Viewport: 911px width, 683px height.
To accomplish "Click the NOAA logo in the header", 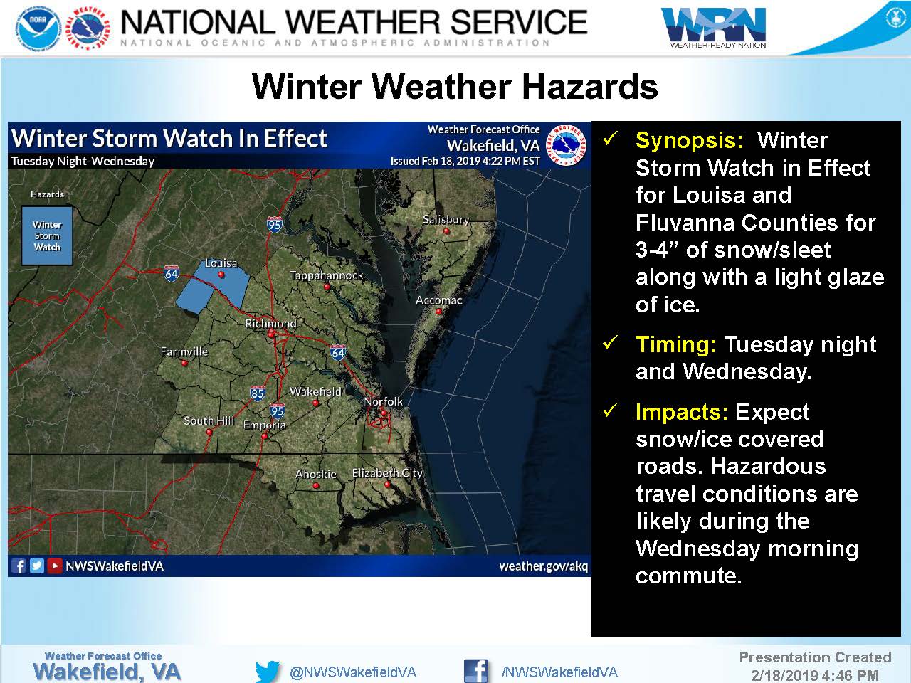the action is [38, 28].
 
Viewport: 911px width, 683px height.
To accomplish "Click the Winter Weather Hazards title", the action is [455, 87].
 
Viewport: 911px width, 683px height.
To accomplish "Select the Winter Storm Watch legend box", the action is [47, 235].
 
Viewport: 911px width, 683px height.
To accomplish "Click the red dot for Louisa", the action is [221, 274].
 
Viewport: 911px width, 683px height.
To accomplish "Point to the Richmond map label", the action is [270, 324].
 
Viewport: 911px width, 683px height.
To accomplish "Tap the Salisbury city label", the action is [446, 220].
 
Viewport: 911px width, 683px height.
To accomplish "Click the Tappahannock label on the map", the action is [327, 275].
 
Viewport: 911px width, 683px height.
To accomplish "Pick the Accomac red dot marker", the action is [438, 312].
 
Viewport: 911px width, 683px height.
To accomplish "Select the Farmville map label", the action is [184, 351].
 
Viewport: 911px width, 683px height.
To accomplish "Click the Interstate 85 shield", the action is [258, 392].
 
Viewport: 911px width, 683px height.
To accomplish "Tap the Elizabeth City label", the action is [386, 472].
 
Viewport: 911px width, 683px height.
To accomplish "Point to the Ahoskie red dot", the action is [316, 485].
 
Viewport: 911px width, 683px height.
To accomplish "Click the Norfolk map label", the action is [383, 401].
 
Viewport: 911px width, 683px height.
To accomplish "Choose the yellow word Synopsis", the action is [690, 141].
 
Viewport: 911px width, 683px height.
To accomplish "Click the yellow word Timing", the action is [675, 345].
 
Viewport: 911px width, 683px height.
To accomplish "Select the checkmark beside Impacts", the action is [611, 410].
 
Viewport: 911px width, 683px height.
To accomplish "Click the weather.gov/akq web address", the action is [543, 566].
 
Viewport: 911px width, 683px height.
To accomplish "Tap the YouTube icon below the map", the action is [54, 566].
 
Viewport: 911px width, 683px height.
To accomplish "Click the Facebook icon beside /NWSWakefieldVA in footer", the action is [475, 671].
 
